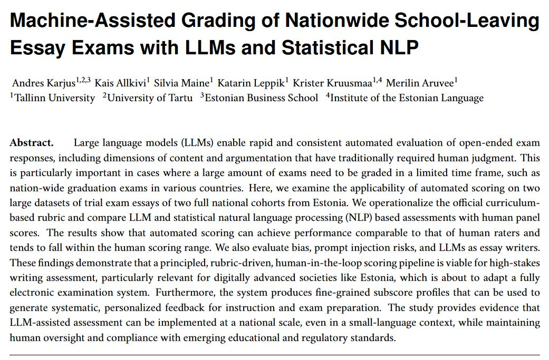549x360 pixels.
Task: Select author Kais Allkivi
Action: coord(119,83)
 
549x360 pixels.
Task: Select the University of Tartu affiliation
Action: coord(150,98)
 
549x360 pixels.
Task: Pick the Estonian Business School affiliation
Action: coord(261,98)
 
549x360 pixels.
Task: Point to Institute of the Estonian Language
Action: coord(406,98)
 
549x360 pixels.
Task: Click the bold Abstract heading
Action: coord(31,143)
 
